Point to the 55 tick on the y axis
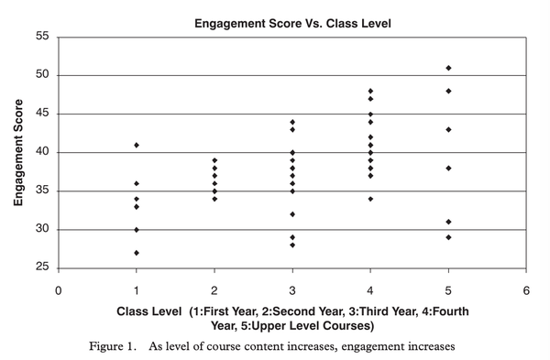(x=42, y=37)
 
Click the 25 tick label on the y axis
(x=42, y=268)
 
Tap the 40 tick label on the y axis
(x=42, y=152)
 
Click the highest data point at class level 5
(x=448, y=68)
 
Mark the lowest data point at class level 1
(x=137, y=253)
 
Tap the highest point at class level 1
(x=137, y=145)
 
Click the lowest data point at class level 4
(x=370, y=199)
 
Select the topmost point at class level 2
(x=214, y=160)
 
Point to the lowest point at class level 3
(x=292, y=245)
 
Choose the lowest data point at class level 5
(x=448, y=237)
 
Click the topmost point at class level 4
(x=370, y=91)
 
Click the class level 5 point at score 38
(x=448, y=168)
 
